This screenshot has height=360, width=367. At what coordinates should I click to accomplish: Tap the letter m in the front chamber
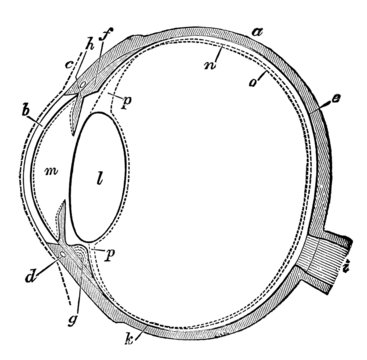click(x=50, y=174)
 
